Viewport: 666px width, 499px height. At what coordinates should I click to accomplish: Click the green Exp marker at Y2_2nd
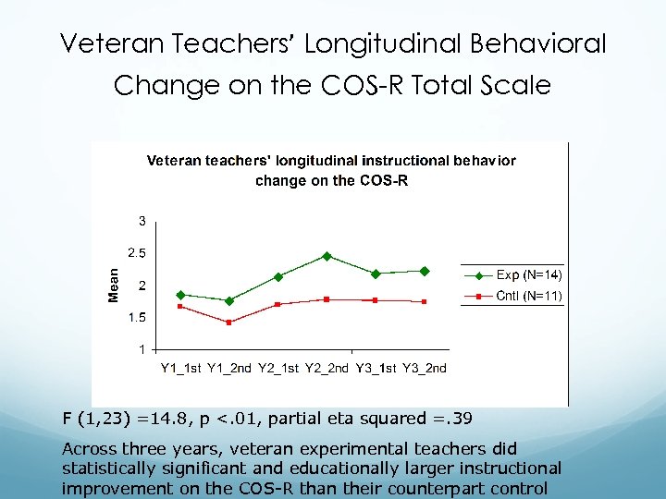[327, 256]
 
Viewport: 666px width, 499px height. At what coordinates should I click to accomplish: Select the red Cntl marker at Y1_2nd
[229, 322]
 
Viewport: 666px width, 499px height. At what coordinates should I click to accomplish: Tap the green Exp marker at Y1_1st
[180, 295]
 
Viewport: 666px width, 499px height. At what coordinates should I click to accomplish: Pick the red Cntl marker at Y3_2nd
[424, 301]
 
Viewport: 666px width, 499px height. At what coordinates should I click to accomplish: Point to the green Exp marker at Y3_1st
[376, 274]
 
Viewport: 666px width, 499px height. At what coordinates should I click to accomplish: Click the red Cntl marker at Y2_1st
[277, 304]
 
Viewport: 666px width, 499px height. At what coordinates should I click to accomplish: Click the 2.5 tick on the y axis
[137, 252]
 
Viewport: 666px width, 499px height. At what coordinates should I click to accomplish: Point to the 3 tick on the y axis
[142, 220]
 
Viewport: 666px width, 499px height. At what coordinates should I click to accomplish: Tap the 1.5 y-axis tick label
[137, 317]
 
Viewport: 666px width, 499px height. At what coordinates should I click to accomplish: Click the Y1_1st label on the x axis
[181, 368]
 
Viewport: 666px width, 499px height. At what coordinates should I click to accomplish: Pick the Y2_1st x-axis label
[278, 368]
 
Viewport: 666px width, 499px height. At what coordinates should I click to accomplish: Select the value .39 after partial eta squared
[460, 419]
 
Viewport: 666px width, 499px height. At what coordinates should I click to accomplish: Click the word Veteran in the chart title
[174, 161]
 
